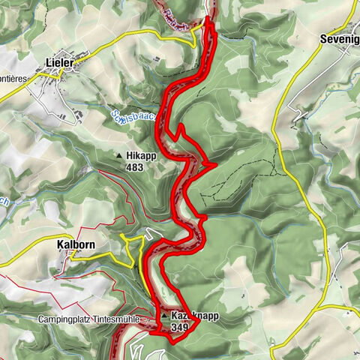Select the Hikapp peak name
pos(140,156)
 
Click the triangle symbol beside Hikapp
pos(118,156)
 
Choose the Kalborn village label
pos(76,244)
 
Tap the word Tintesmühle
pos(123,319)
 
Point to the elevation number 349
pos(181,328)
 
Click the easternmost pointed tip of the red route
pos(215,162)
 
